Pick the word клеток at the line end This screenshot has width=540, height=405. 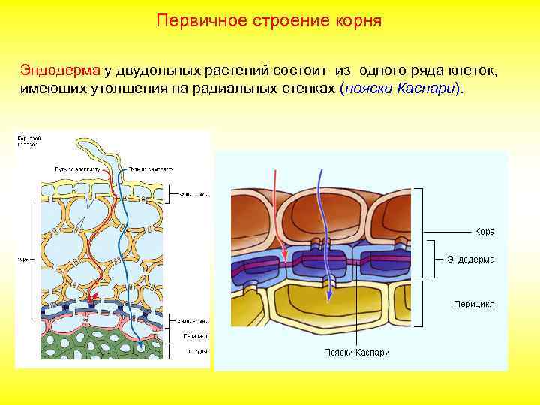tap(469, 70)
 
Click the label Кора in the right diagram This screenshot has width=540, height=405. tap(484, 232)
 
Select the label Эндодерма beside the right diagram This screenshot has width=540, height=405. tap(470, 259)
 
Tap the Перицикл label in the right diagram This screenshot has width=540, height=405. tap(472, 304)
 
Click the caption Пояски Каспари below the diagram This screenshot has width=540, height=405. tap(356, 352)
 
